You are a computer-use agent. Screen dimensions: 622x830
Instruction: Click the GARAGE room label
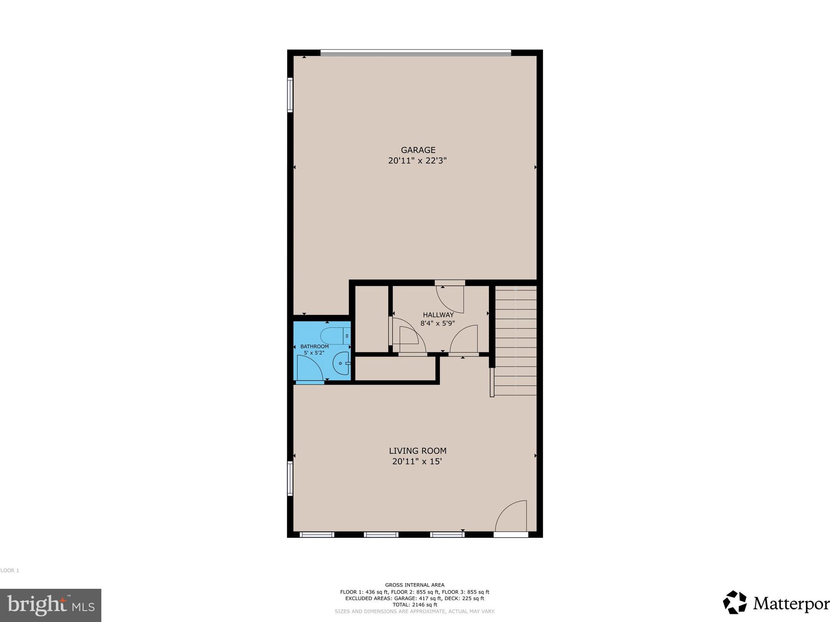pyautogui.click(x=418, y=150)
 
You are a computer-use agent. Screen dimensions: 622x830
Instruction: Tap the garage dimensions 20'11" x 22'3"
pyautogui.click(x=417, y=161)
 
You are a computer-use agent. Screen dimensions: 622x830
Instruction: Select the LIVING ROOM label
pyautogui.click(x=417, y=451)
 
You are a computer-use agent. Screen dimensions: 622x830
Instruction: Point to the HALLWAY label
pyautogui.click(x=438, y=315)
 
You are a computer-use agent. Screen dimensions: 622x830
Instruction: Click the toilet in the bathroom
pyautogui.click(x=335, y=336)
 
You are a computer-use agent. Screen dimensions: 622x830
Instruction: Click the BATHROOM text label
pyautogui.click(x=314, y=347)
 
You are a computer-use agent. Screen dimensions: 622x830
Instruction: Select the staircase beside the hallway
pyautogui.click(x=516, y=340)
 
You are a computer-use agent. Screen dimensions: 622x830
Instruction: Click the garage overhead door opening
pyautogui.click(x=415, y=52)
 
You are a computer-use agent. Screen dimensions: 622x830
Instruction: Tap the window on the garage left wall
pyautogui.click(x=290, y=95)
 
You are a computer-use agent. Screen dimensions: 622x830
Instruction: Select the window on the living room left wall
pyautogui.click(x=290, y=478)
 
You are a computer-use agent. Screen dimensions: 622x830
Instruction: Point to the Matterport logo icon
pyautogui.click(x=734, y=602)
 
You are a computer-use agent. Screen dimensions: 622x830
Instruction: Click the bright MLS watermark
pyautogui.click(x=51, y=605)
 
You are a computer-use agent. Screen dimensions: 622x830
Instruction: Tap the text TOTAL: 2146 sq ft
pyautogui.click(x=415, y=605)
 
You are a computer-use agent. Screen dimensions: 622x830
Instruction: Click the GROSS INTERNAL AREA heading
pyautogui.click(x=415, y=585)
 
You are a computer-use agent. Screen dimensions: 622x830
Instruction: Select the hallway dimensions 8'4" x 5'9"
pyautogui.click(x=438, y=324)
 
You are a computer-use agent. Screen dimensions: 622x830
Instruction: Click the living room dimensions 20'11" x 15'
pyautogui.click(x=417, y=461)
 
